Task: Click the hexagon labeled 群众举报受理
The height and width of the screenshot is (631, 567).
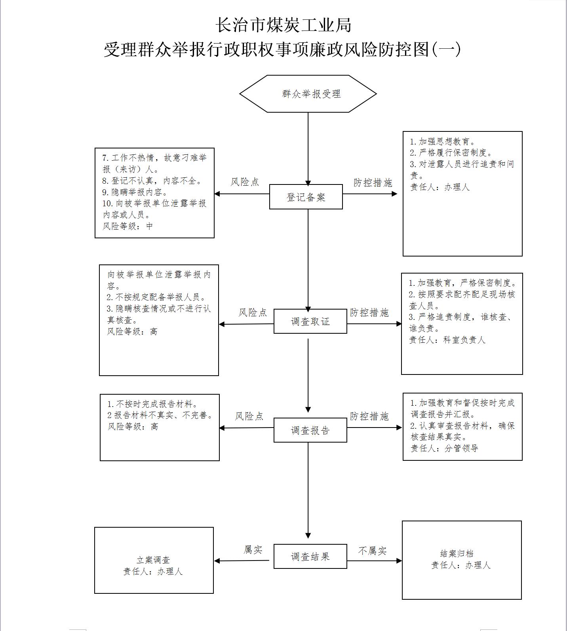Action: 308,94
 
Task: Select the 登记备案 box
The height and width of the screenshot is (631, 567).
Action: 306,197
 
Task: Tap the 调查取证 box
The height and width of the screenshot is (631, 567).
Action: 310,321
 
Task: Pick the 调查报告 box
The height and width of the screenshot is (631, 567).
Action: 310,430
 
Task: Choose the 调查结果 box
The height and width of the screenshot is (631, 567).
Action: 310,556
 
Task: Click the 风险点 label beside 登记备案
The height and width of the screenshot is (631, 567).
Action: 245,182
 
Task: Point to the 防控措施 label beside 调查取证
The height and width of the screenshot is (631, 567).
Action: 369,313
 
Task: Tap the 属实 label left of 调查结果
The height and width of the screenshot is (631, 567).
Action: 253,549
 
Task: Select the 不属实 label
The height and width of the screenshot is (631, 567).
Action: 372,551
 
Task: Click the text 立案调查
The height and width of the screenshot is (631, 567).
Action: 153,560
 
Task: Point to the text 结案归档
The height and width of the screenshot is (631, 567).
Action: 457,553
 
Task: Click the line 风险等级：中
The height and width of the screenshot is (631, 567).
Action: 127,226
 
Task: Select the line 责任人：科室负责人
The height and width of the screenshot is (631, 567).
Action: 447,340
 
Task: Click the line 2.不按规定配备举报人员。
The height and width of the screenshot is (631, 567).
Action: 156,297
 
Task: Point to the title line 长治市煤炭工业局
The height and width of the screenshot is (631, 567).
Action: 283,25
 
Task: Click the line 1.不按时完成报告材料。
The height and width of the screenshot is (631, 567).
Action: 152,404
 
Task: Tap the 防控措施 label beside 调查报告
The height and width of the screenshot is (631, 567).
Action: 369,416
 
